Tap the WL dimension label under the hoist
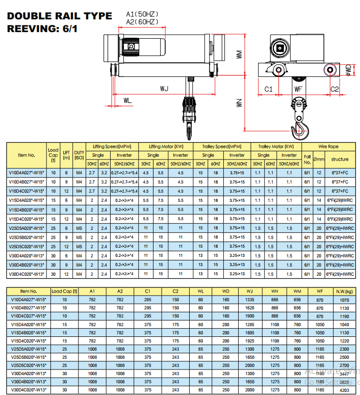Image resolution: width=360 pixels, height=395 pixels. (x=127, y=100)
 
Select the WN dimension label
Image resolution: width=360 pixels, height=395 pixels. (x=238, y=102)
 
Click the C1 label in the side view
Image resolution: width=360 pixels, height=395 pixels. (x=268, y=89)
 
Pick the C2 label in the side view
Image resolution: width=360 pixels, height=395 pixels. (x=334, y=89)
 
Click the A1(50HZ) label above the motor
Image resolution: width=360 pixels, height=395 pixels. (x=142, y=15)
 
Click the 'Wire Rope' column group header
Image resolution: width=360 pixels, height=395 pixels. (x=329, y=147)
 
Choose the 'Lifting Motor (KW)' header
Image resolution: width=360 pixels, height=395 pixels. (x=166, y=147)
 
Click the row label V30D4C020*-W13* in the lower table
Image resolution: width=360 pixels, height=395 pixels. (x=27, y=389)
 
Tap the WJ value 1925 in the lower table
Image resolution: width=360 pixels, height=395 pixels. (x=250, y=340)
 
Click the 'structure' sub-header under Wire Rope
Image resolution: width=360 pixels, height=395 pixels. (x=340, y=160)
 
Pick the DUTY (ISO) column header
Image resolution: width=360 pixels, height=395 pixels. (x=79, y=155)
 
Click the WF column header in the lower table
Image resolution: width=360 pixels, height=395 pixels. (x=320, y=292)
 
